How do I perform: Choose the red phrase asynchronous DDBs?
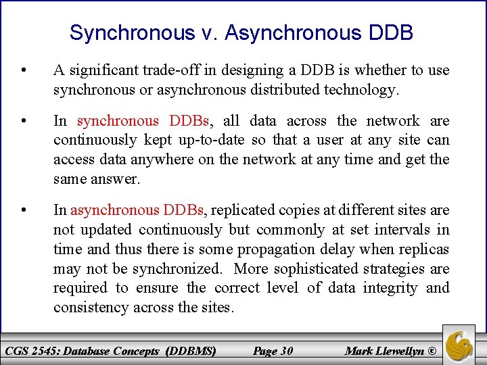click(138, 210)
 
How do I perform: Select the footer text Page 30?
click(273, 351)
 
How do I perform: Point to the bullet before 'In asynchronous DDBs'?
click(24, 210)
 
